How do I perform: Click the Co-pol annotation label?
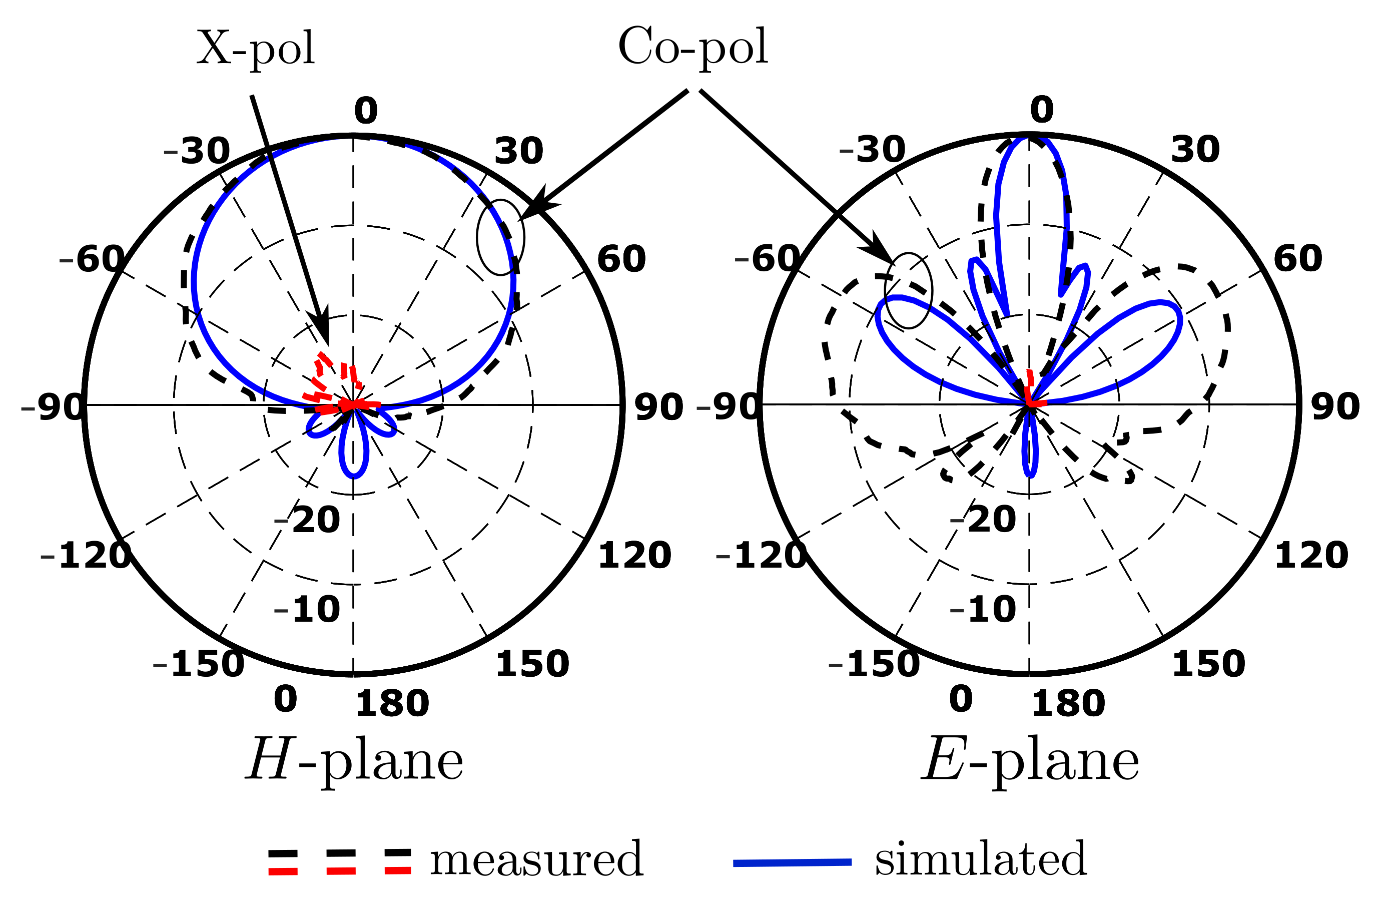tap(693, 48)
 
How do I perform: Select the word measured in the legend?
tap(536, 859)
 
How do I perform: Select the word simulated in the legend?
tap(981, 859)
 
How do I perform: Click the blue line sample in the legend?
tap(792, 862)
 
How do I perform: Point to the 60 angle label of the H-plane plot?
tap(621, 259)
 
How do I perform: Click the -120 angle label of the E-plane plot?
tap(761, 556)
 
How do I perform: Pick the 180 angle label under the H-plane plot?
tap(392, 704)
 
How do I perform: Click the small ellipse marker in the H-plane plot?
tap(500, 237)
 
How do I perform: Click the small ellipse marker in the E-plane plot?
tap(908, 290)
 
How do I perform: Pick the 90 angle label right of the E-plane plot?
tap(1335, 407)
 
